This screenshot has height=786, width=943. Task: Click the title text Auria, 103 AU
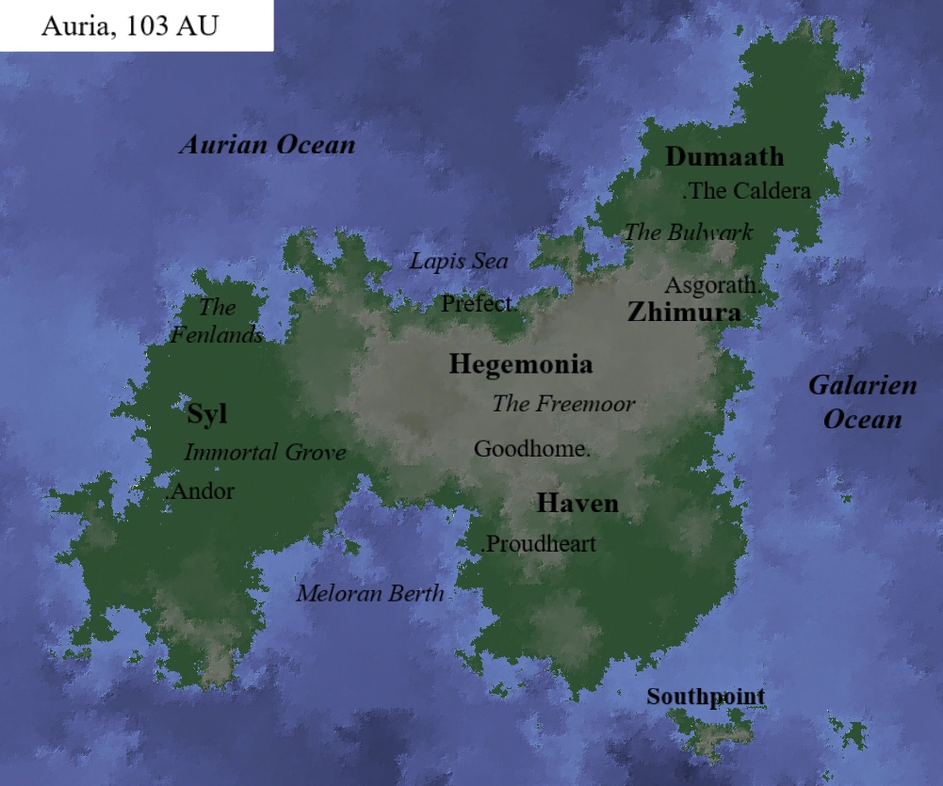[x=129, y=25]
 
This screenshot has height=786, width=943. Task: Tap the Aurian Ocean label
[x=268, y=145]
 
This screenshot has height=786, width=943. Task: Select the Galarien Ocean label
[x=862, y=402]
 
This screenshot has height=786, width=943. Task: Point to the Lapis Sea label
[x=458, y=261]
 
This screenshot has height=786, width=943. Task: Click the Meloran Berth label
[x=370, y=593]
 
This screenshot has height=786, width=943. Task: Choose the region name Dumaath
[x=724, y=156]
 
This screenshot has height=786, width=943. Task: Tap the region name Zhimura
[x=684, y=312]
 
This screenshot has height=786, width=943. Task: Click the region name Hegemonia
[x=521, y=364]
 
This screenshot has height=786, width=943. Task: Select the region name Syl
[x=207, y=413]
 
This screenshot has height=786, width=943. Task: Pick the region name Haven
[x=577, y=503]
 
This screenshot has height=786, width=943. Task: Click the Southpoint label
[x=705, y=697]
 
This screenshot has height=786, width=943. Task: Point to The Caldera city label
[x=747, y=191]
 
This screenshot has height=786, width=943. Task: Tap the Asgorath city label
[x=711, y=284]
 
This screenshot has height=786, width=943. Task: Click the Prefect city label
[x=479, y=304]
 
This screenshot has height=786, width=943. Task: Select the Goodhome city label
[x=531, y=449]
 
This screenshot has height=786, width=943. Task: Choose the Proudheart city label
[x=540, y=544]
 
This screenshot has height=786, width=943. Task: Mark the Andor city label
[x=201, y=490]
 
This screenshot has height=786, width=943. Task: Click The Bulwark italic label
[x=689, y=232]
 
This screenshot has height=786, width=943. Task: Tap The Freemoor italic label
[x=563, y=404]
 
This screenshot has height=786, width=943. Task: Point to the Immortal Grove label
[x=265, y=452]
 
